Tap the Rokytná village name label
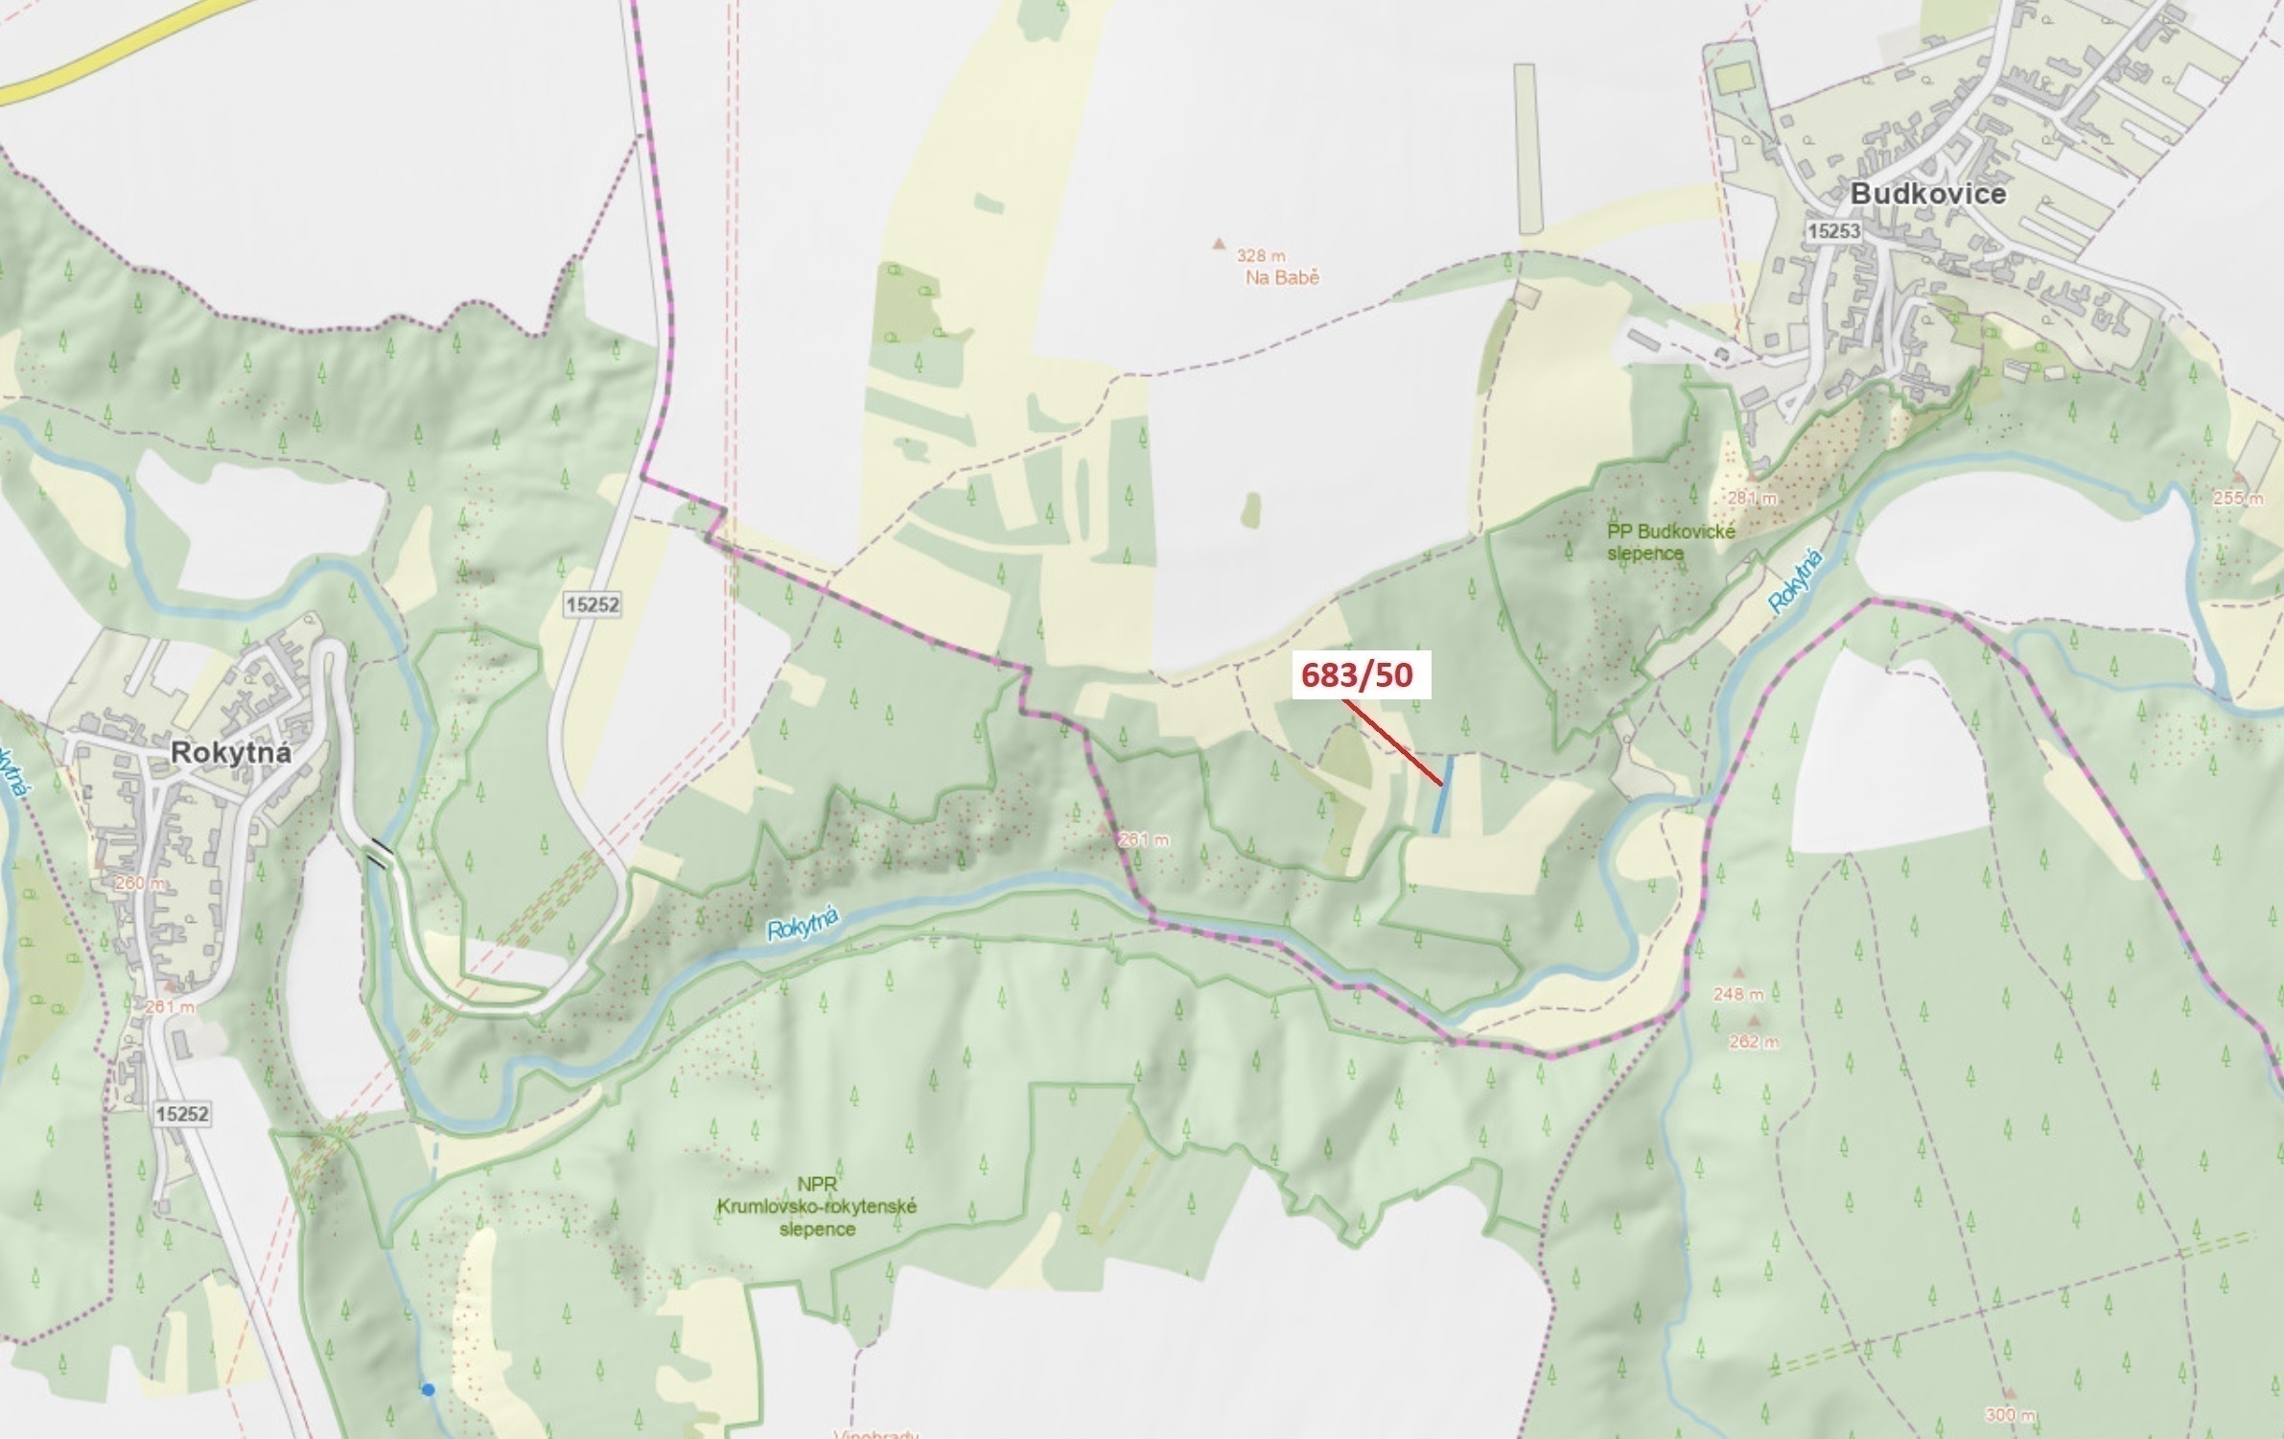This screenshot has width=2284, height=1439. (x=230, y=752)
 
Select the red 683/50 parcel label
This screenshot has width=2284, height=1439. (x=1357, y=675)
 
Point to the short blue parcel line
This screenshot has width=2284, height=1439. (x=1442, y=794)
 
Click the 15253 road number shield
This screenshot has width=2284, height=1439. (x=1833, y=231)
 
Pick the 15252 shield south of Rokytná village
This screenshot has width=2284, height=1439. (x=181, y=1114)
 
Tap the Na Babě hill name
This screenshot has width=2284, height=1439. (x=1282, y=277)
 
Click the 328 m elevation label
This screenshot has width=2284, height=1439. (x=1260, y=255)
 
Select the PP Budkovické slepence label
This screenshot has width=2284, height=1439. (x=1670, y=542)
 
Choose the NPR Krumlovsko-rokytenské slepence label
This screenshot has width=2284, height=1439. (x=816, y=1207)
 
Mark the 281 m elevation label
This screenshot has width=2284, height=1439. (x=1753, y=499)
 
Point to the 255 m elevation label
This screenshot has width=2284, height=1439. (x=2239, y=498)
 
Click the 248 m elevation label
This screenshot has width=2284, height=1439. (x=1738, y=994)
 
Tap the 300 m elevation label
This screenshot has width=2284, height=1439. (x=2010, y=1414)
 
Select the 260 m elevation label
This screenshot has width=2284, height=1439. (x=140, y=883)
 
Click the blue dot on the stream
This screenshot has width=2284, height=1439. (x=428, y=1389)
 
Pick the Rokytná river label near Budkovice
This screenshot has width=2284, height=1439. (x=1796, y=581)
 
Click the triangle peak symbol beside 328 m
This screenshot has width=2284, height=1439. (x=1219, y=244)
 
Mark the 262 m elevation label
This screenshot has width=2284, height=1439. (x=1754, y=1042)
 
